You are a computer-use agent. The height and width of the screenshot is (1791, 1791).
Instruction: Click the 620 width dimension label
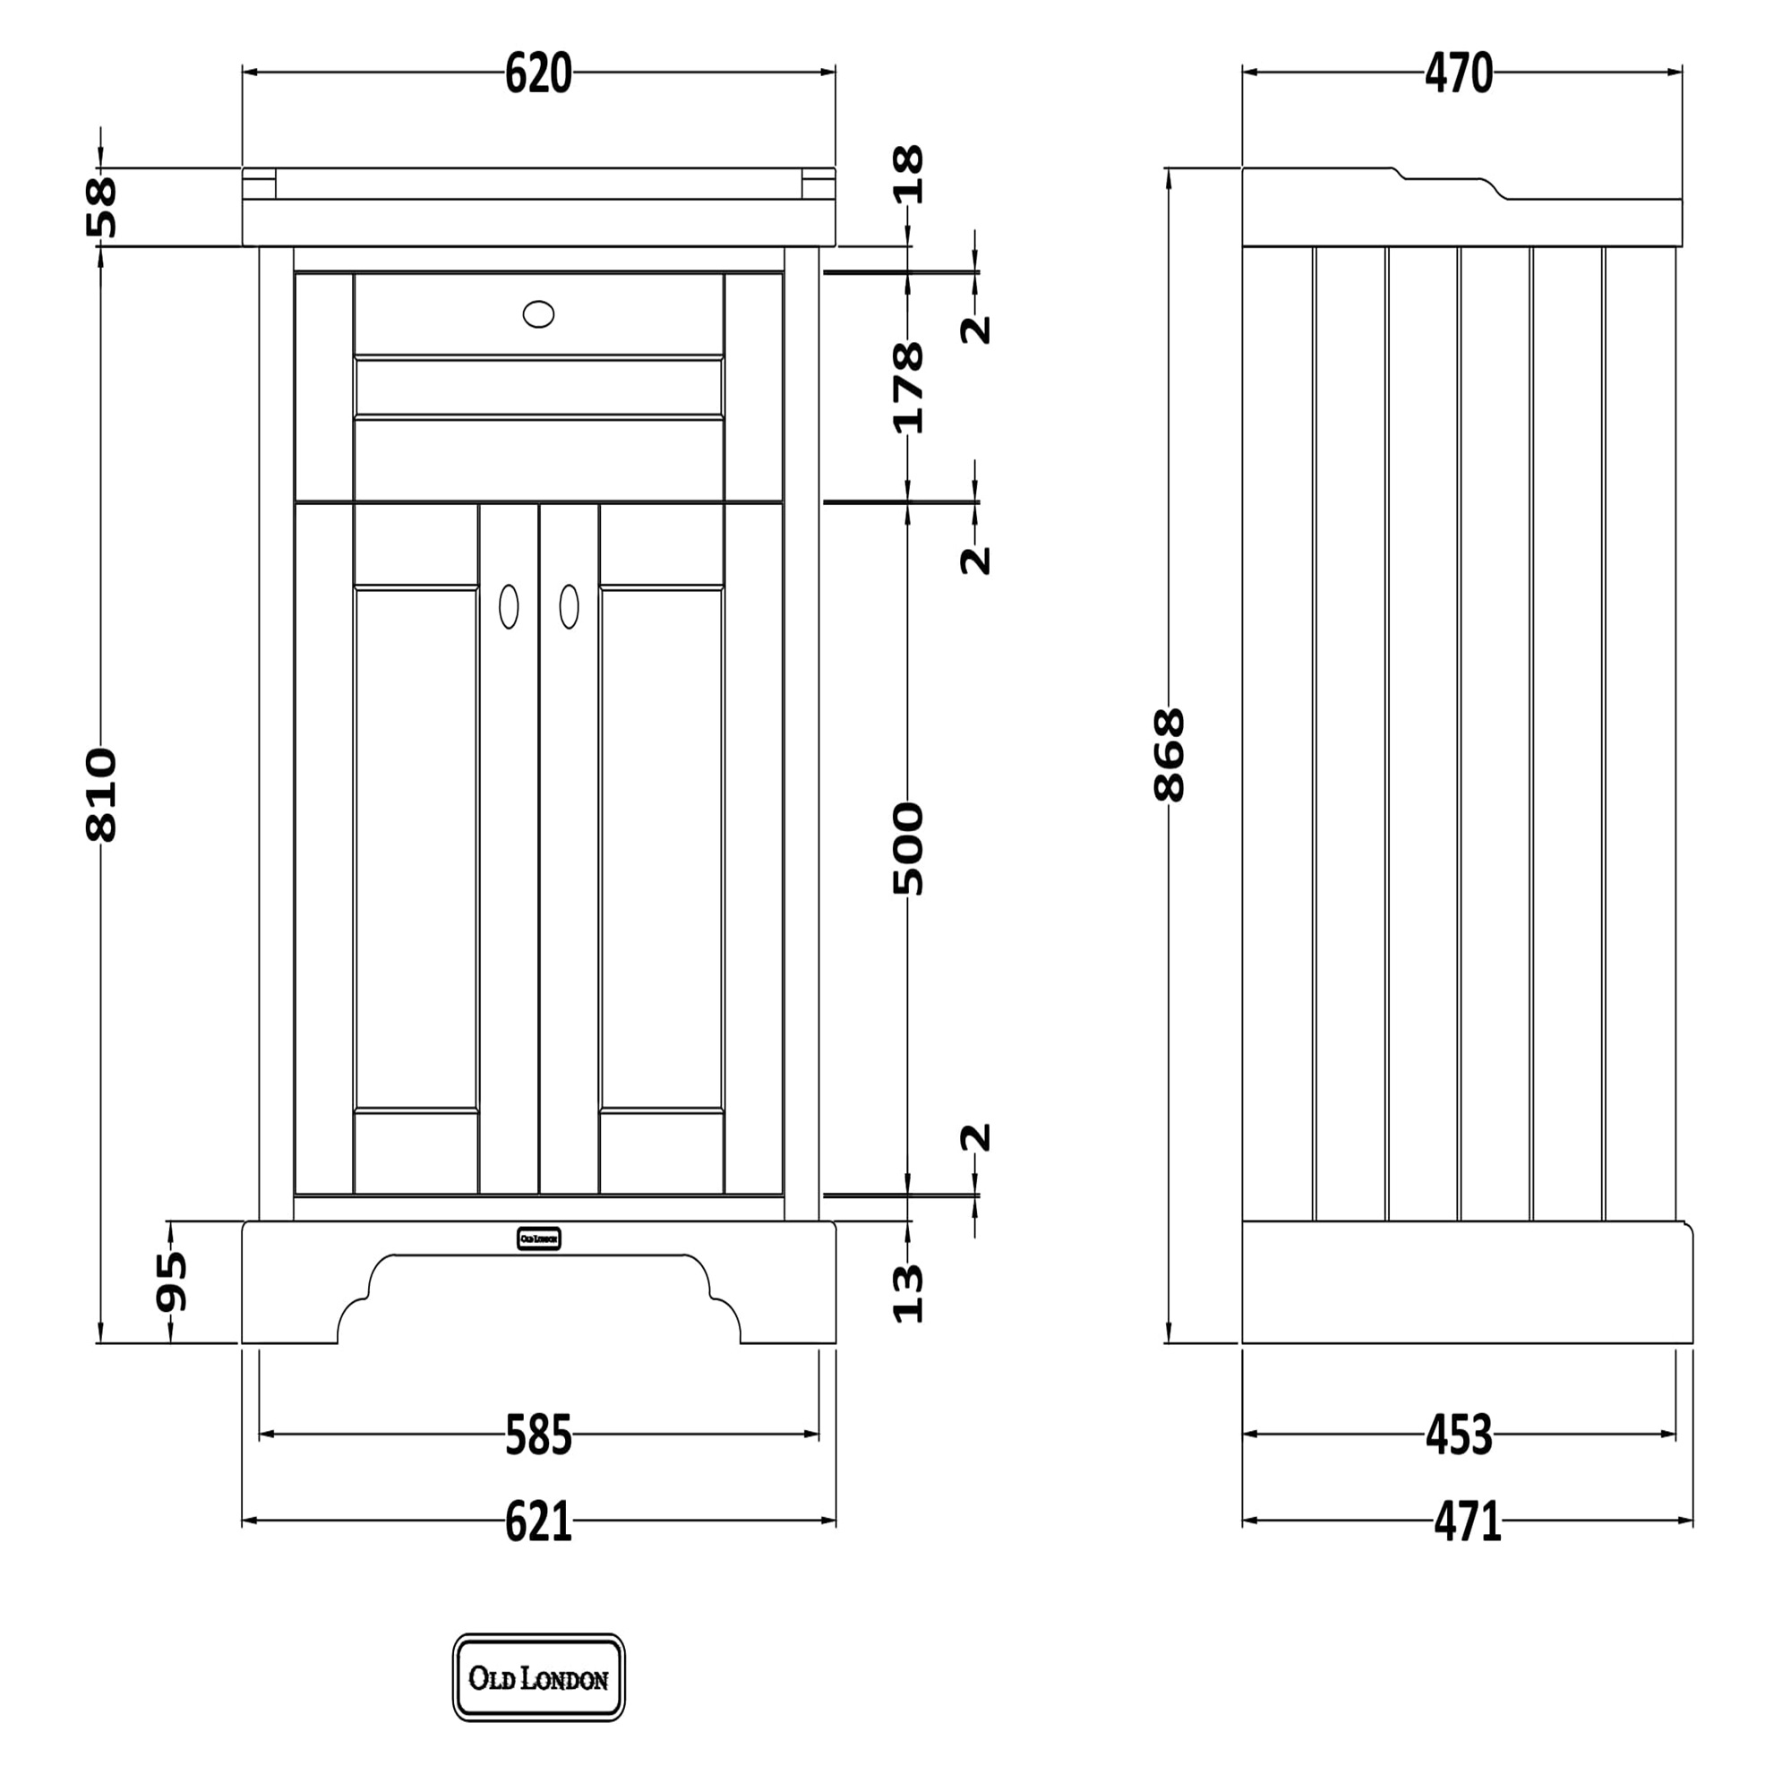[x=537, y=74]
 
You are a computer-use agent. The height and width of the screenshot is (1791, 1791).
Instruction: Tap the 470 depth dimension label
[x=1458, y=74]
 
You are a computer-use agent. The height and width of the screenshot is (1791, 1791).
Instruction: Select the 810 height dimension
[x=101, y=794]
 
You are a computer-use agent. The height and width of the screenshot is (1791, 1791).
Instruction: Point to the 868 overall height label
[x=1169, y=754]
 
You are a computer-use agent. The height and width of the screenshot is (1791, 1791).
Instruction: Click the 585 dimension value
[x=537, y=1435]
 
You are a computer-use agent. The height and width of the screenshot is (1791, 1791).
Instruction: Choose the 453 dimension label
[x=1458, y=1435]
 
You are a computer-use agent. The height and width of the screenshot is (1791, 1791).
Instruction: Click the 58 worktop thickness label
[x=101, y=207]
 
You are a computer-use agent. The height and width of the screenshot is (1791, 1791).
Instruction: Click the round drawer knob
[x=537, y=314]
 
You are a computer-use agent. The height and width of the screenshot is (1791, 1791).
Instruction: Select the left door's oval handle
[x=508, y=607]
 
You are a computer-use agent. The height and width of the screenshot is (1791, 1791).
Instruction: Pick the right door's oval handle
[x=569, y=607]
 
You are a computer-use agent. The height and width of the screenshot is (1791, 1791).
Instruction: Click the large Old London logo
[x=537, y=1678]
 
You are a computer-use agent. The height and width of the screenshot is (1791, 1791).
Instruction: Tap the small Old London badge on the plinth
[x=537, y=1238]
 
